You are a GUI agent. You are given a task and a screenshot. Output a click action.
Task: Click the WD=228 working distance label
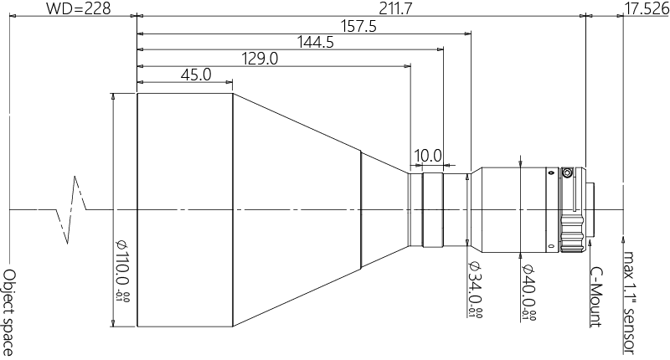click(78, 8)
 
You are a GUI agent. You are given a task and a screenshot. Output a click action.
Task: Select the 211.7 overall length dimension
click(396, 8)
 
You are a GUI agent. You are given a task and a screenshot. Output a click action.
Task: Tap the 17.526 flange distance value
click(647, 8)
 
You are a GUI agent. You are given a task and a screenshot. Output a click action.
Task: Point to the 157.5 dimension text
click(358, 27)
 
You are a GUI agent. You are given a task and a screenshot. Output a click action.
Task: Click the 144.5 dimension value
click(316, 42)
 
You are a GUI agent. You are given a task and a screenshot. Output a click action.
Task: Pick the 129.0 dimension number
click(260, 59)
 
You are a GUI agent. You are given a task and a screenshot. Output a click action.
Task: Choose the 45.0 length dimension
click(196, 75)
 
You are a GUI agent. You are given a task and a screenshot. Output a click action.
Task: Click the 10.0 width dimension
click(428, 156)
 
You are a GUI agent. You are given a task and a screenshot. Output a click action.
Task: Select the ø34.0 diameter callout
click(475, 290)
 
